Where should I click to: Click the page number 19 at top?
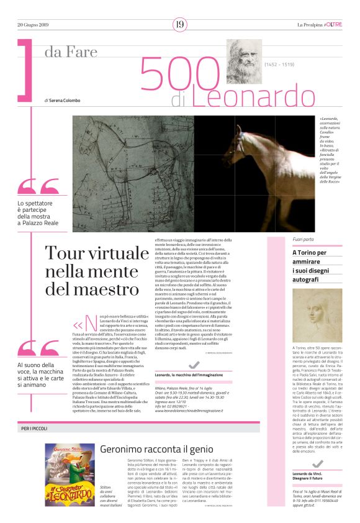(x=180, y=24)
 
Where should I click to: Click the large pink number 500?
(x=180, y=73)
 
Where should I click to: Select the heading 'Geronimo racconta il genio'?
(x=148, y=448)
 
